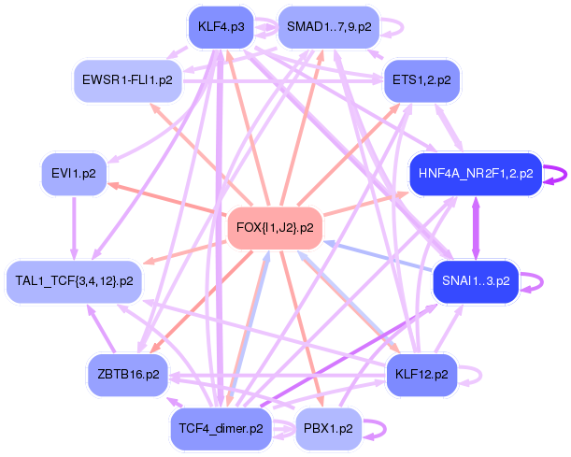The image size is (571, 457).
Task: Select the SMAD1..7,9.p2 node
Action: coord(328,27)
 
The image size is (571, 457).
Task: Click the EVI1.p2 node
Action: coord(74,173)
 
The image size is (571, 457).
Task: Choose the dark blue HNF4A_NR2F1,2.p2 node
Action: coord(476,173)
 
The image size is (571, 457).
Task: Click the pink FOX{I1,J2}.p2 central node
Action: coord(275,227)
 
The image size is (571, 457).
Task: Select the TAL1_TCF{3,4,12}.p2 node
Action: coord(75,279)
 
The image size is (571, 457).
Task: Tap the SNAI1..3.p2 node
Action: coord(476,279)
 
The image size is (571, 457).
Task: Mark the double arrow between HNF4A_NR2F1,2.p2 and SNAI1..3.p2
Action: coord(476,226)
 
